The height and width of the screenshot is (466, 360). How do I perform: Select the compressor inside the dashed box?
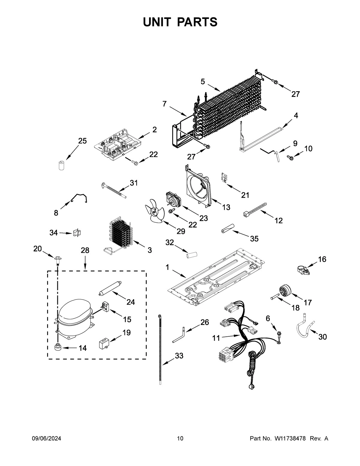74,317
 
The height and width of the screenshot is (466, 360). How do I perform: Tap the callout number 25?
82,141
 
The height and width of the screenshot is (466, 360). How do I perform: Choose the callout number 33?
179,356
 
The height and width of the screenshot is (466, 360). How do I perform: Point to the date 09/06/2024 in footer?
46,439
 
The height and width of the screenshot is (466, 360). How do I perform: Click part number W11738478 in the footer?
290,439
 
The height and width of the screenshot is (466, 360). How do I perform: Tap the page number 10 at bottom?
180,439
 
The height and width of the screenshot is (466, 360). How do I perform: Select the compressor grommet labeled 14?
57,347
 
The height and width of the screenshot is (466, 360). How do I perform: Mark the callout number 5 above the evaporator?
203,81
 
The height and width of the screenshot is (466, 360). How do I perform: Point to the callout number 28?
85,250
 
